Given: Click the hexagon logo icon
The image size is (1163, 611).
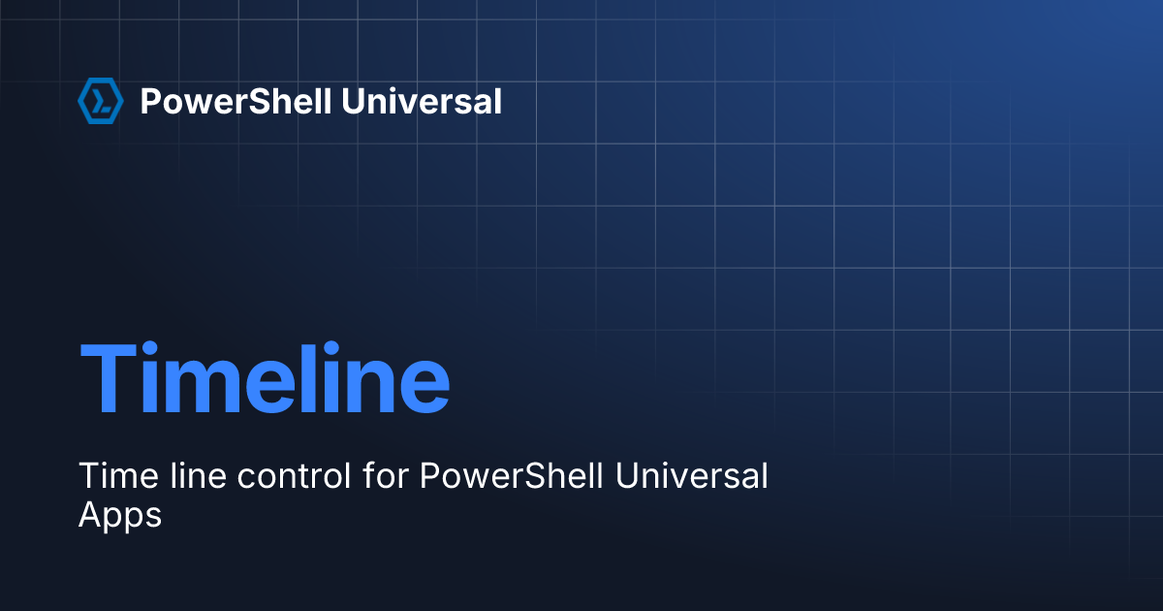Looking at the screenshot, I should click(x=100, y=101).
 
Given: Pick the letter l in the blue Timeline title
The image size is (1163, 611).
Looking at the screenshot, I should click(x=326, y=377).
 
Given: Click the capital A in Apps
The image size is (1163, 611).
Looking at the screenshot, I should click(x=88, y=514).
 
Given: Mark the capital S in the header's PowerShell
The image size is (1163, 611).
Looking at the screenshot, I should click(x=239, y=101).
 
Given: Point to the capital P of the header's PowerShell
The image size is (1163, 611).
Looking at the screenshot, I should click(x=150, y=101).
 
